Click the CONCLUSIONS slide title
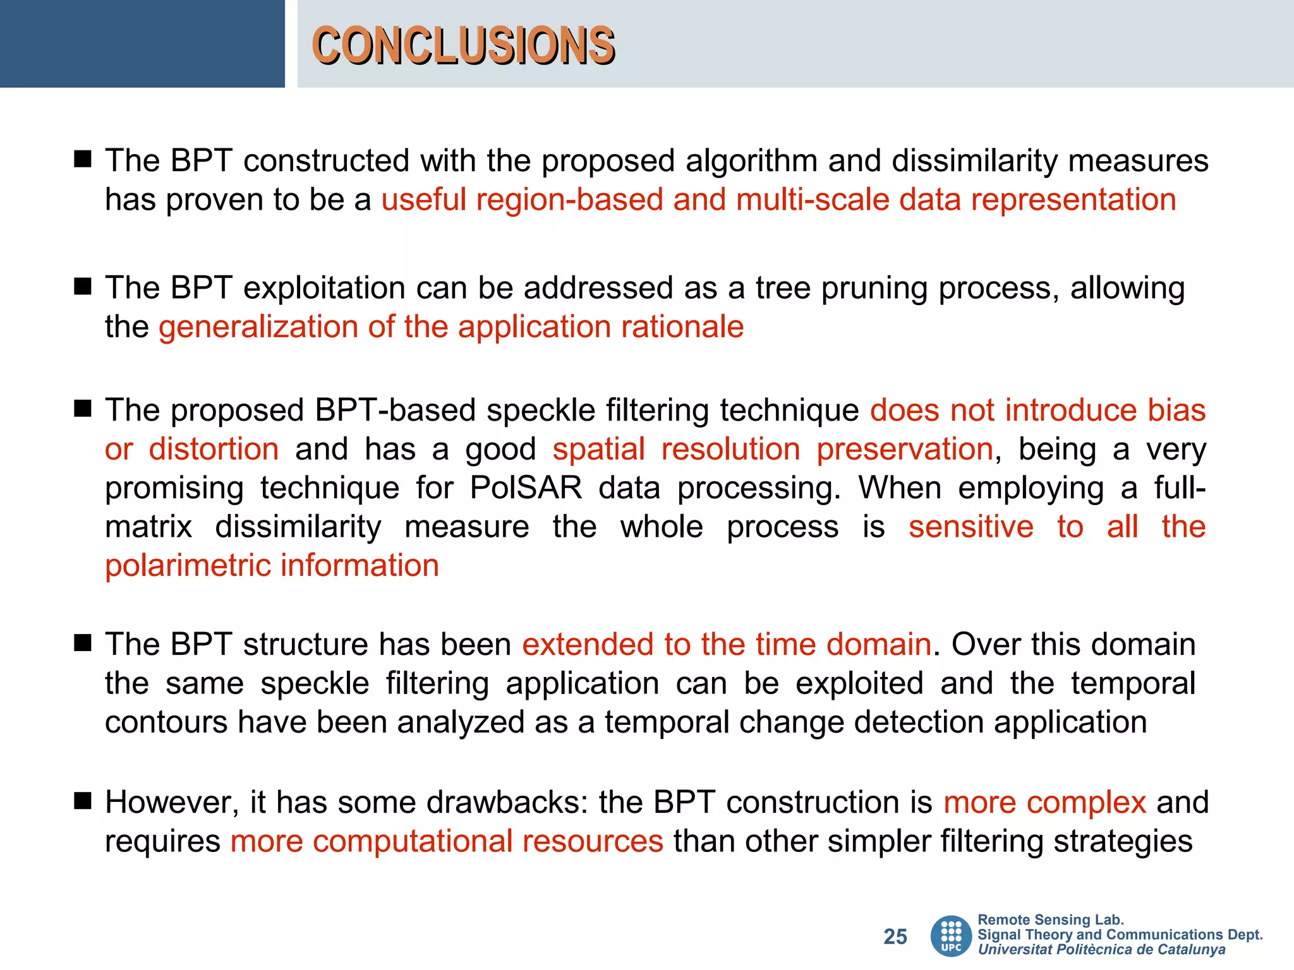463,45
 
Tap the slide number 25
895,937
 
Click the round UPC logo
951,936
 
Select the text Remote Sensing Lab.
1050,920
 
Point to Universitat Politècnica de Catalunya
1101,950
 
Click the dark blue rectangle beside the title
142,44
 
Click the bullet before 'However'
83,801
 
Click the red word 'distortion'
214,449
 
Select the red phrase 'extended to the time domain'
727,645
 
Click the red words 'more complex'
1044,803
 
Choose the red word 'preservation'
904,449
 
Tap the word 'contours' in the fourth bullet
166,722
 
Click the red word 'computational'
412,842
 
